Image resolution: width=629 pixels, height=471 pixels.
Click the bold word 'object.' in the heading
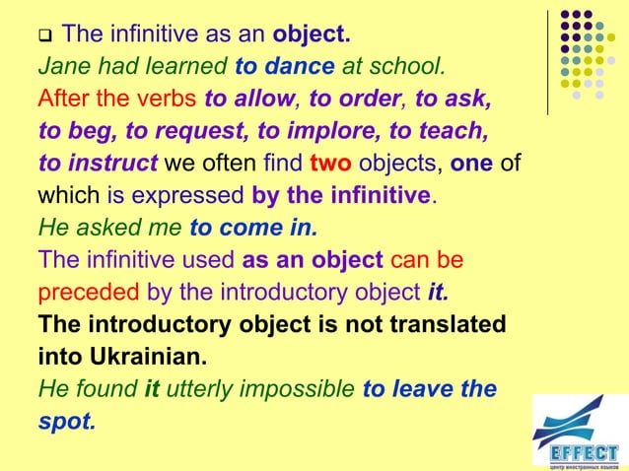(312, 37)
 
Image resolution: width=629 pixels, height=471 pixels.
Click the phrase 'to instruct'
(99, 163)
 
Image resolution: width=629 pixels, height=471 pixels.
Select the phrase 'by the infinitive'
(342, 194)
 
